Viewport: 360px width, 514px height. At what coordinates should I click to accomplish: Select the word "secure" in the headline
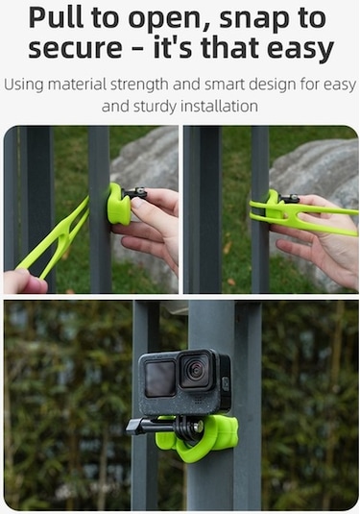[x=75, y=48]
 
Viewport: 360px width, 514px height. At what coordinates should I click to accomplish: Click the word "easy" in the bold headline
[x=300, y=49]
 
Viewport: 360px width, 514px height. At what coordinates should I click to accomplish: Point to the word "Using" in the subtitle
[x=24, y=85]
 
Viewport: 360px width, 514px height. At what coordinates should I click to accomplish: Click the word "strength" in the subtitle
[x=139, y=85]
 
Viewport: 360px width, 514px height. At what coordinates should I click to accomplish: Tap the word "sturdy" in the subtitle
[x=155, y=107]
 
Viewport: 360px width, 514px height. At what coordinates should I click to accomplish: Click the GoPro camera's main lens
[x=195, y=369]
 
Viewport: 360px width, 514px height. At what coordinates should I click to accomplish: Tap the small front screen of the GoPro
[x=160, y=379]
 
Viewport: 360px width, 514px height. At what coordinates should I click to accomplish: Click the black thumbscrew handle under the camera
[x=141, y=427]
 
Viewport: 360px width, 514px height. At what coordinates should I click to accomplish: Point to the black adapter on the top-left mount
[x=135, y=193]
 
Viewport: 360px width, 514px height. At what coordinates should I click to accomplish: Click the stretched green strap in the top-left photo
[x=54, y=238]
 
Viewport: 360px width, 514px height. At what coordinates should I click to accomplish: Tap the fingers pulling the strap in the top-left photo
[x=25, y=281]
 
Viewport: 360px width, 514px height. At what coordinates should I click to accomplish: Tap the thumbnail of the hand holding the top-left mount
[x=138, y=204]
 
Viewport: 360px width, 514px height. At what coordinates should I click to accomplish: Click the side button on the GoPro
[x=226, y=384]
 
